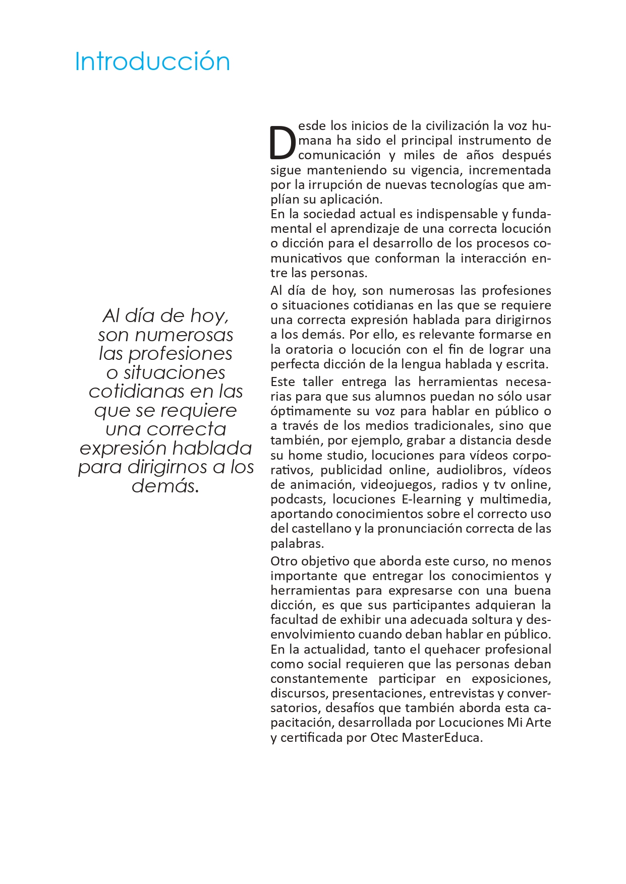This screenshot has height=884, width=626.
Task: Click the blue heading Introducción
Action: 152,61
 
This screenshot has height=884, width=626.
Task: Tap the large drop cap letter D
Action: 282,143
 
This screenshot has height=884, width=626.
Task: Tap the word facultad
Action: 293,620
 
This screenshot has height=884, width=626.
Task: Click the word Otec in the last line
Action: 384,738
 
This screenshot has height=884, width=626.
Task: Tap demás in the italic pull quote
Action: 165,486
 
